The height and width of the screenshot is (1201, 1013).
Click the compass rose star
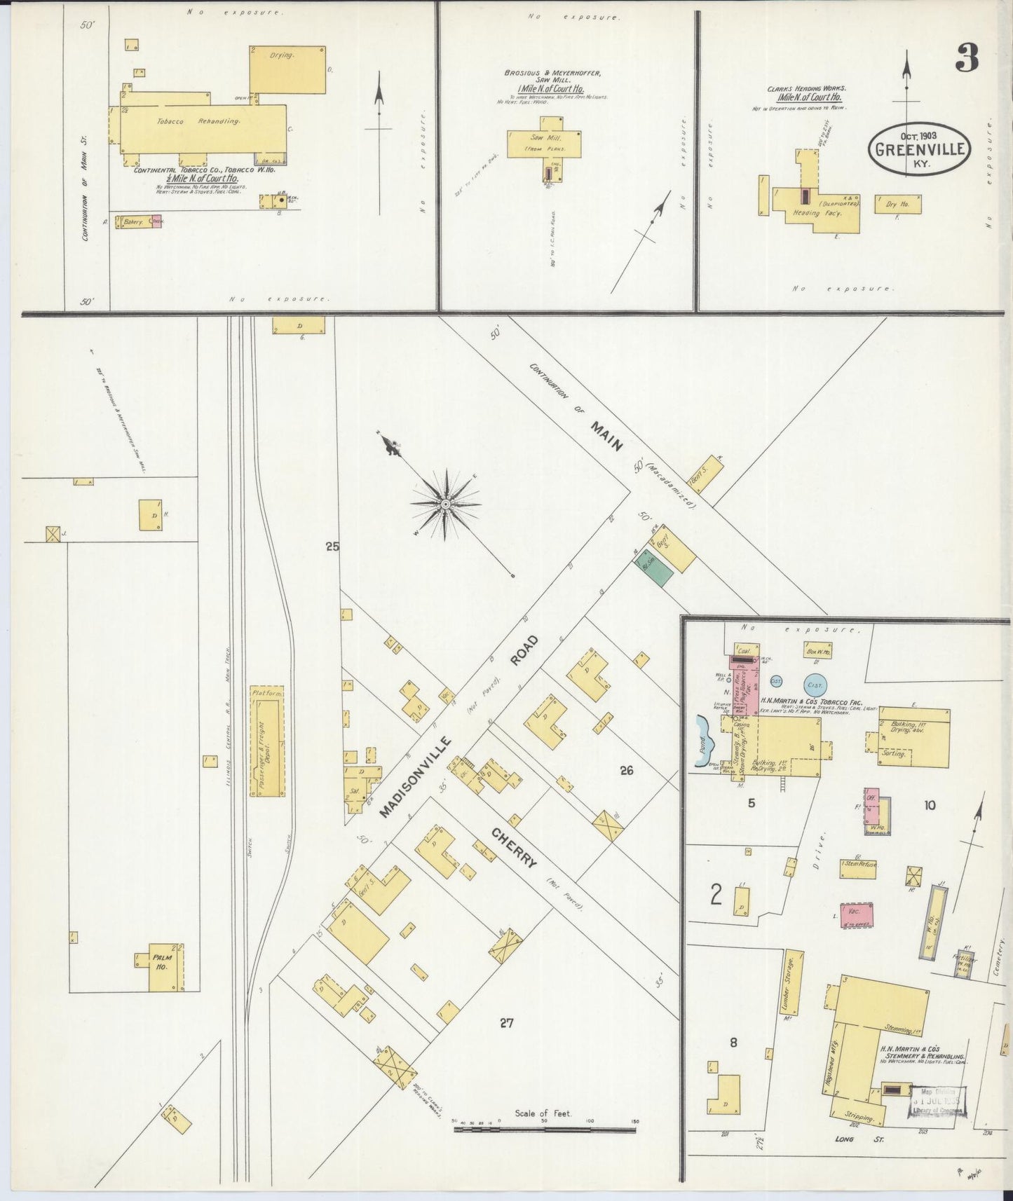pos(445,503)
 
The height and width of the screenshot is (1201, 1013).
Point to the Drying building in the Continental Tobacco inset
pos(287,69)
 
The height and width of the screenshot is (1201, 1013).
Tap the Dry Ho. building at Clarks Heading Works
pos(897,205)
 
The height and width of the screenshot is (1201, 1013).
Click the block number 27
pos(506,1023)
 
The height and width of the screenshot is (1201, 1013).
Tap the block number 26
pos(626,770)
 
